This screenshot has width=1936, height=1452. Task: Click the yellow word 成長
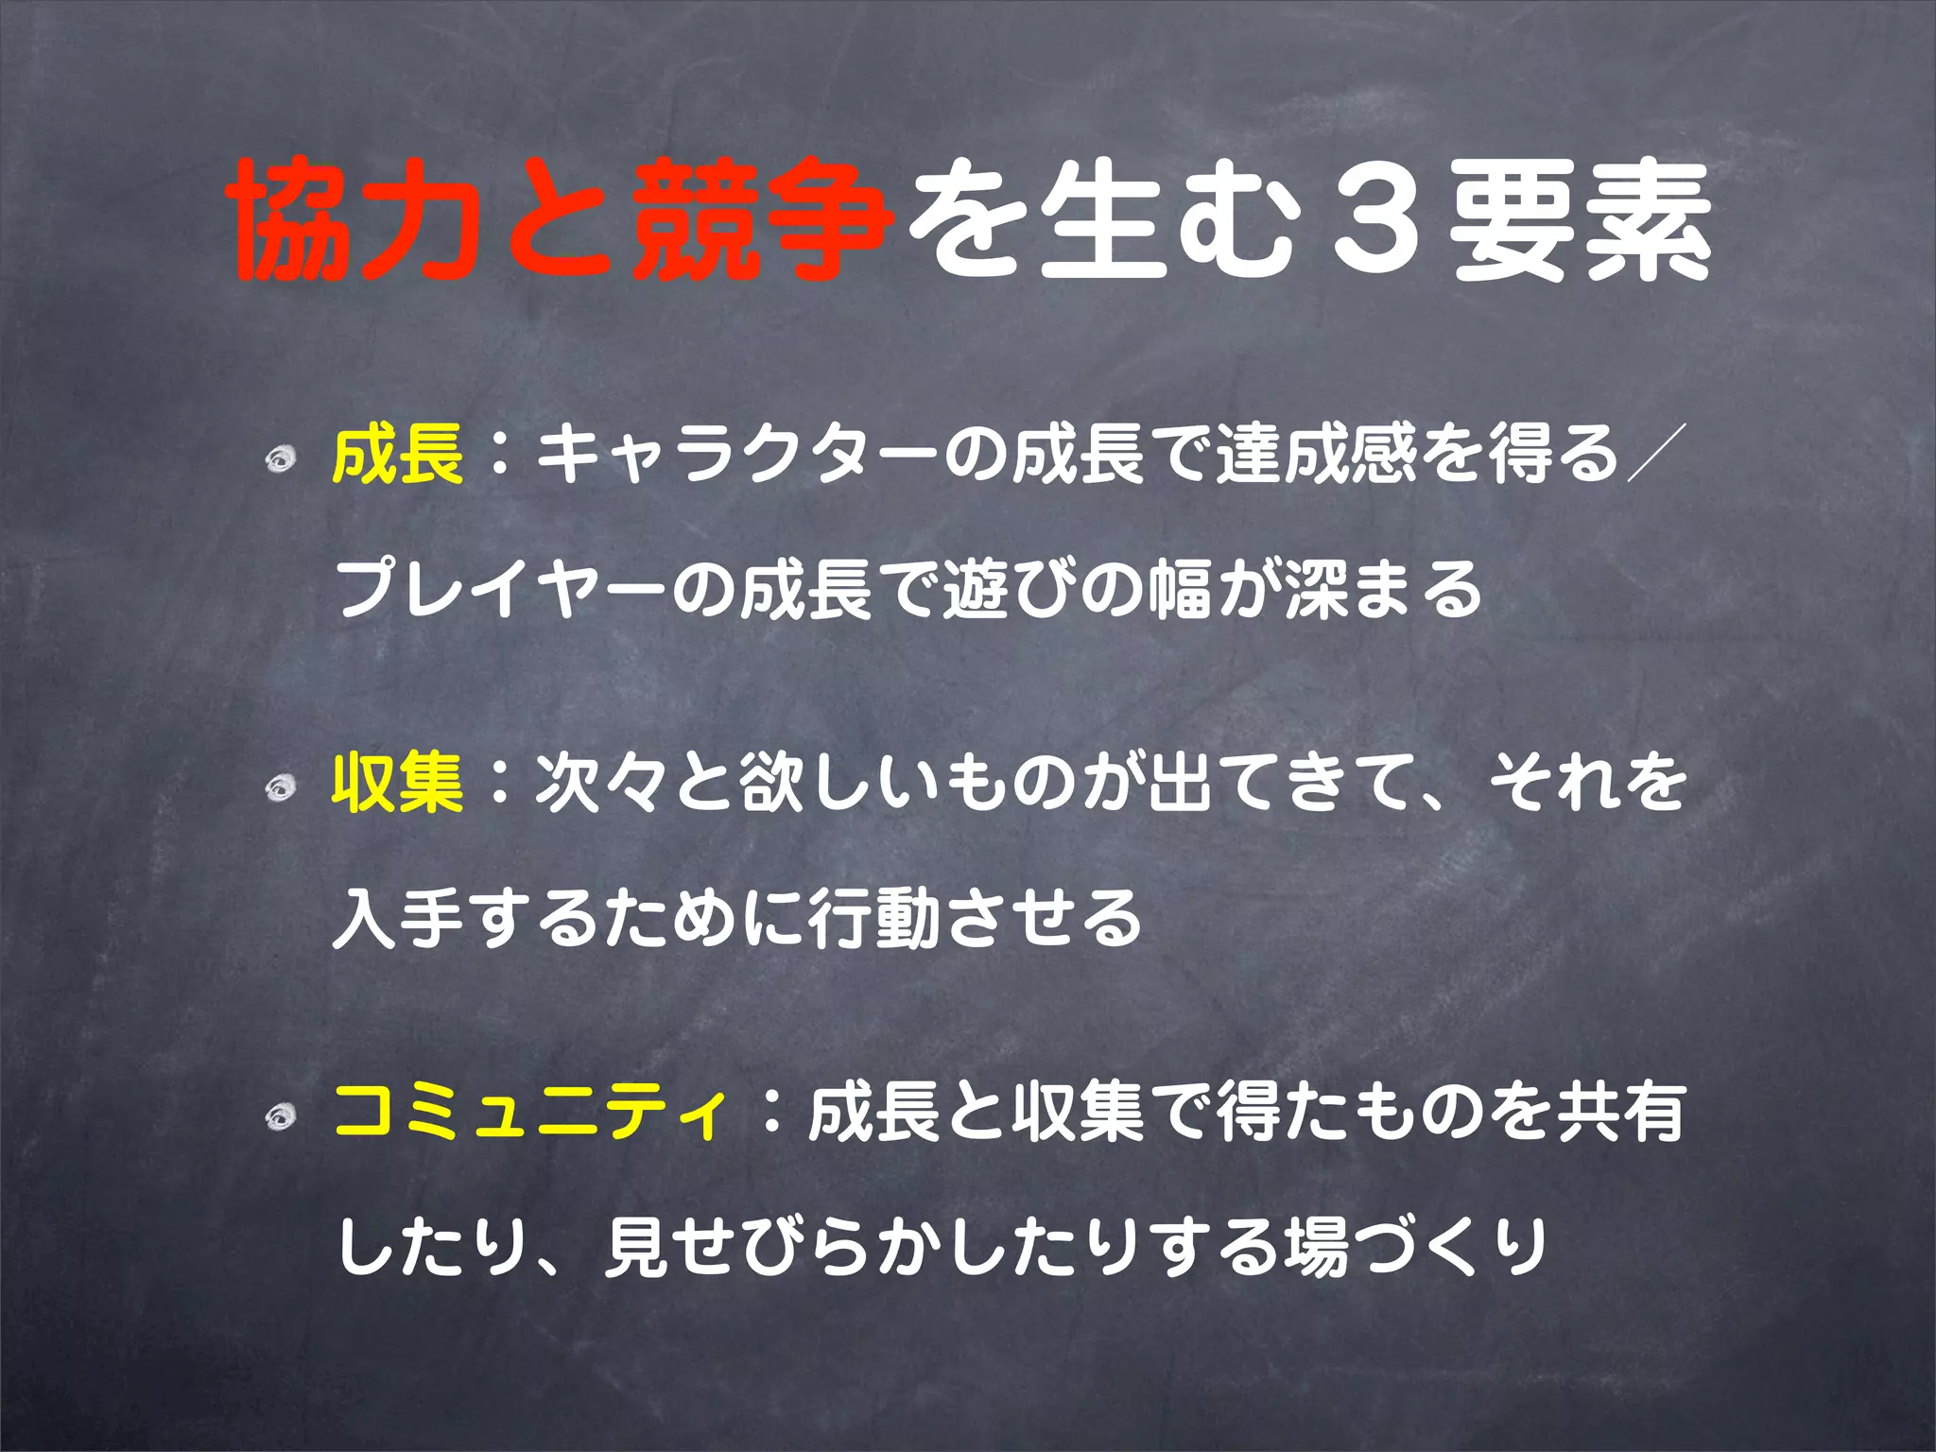tap(398, 454)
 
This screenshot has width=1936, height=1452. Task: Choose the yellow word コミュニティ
tap(532, 1112)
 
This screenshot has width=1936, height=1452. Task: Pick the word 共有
tap(1622, 1112)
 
